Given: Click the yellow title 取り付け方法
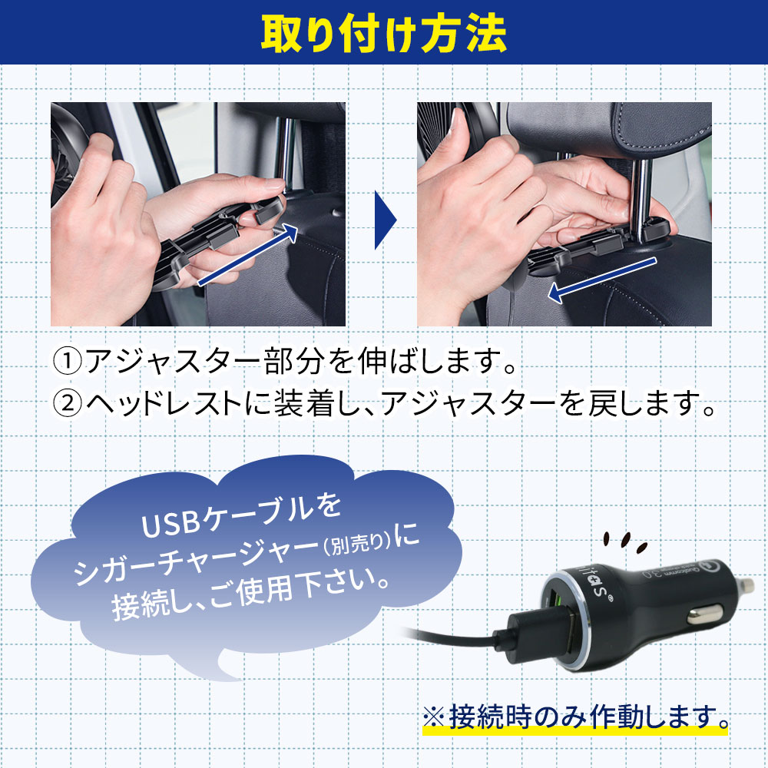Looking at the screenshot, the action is (x=383, y=33).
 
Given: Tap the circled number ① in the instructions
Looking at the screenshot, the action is (x=68, y=362).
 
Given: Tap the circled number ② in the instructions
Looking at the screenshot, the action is (x=68, y=404).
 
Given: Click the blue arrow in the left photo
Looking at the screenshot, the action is (x=247, y=254).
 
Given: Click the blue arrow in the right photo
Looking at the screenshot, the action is (x=602, y=280).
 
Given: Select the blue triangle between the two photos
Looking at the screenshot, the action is (x=385, y=220).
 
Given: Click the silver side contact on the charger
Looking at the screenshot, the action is (x=704, y=614).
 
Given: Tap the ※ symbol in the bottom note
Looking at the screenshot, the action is (x=434, y=717).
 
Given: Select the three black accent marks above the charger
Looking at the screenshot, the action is (x=625, y=541).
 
